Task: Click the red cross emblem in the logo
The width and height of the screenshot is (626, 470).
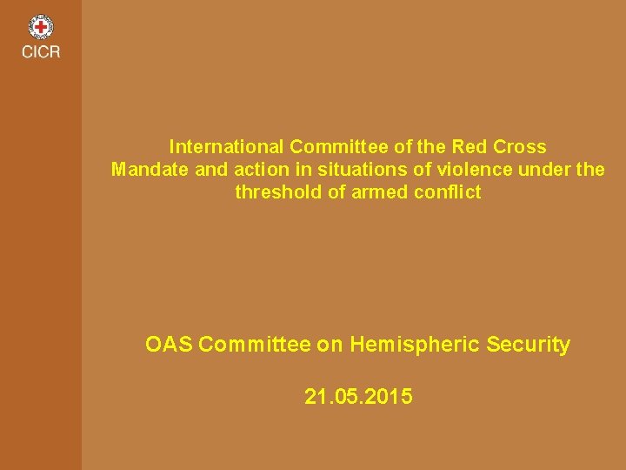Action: (x=41, y=27)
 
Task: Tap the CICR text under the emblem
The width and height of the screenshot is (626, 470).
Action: (x=41, y=52)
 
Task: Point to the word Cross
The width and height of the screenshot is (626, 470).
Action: (x=517, y=146)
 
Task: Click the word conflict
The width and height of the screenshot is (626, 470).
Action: (x=449, y=191)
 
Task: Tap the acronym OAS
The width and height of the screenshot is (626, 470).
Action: (x=169, y=345)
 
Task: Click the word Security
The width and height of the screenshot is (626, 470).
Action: (x=529, y=346)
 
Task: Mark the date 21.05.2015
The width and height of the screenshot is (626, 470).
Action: (x=358, y=398)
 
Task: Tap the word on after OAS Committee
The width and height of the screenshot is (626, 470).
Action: (x=330, y=345)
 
